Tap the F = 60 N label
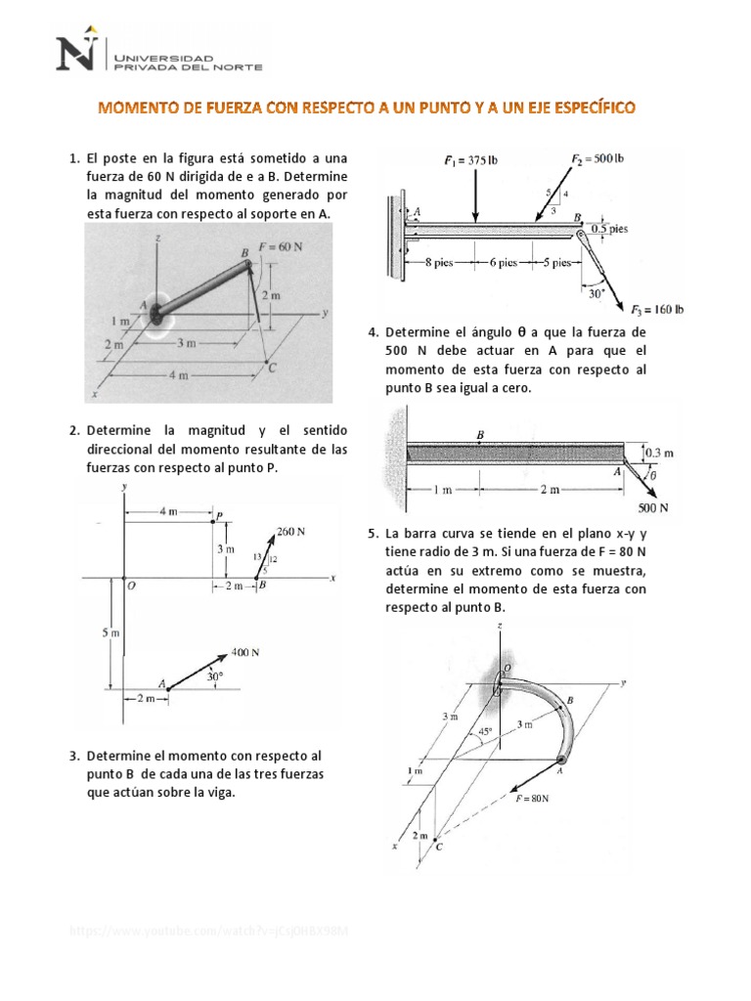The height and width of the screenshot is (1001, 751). pyautogui.click(x=280, y=246)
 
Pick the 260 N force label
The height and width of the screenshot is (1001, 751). pyautogui.click(x=290, y=532)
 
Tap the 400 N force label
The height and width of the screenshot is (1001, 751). pyautogui.click(x=246, y=652)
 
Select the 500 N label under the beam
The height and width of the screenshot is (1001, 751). pyautogui.click(x=652, y=507)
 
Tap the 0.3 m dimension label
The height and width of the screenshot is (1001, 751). pyautogui.click(x=660, y=453)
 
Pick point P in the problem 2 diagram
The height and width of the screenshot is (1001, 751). pyautogui.click(x=219, y=514)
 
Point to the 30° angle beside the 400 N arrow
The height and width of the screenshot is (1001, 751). pyautogui.click(x=214, y=675)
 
